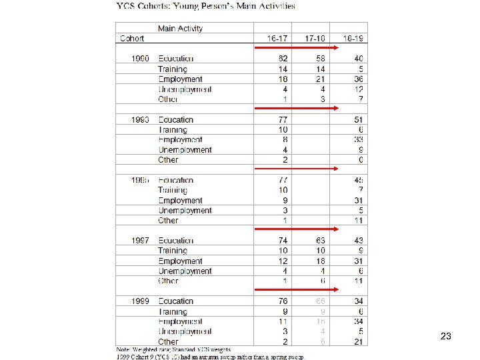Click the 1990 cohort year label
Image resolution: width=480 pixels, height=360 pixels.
pos(140,59)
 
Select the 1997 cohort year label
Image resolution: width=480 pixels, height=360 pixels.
pos(140,241)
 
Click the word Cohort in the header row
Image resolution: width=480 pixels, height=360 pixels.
pos(132,39)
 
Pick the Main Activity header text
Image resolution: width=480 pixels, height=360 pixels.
pos(180,29)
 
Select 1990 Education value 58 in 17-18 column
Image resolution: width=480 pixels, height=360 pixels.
pos(322,59)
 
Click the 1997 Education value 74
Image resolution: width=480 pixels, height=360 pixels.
pos(283,241)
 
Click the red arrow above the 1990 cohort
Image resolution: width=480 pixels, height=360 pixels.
pos(297,48)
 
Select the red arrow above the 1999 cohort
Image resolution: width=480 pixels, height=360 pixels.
pos(297,290)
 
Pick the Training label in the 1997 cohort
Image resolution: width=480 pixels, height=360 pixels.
pos(173,251)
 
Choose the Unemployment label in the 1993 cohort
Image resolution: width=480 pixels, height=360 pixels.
pos(185,150)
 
